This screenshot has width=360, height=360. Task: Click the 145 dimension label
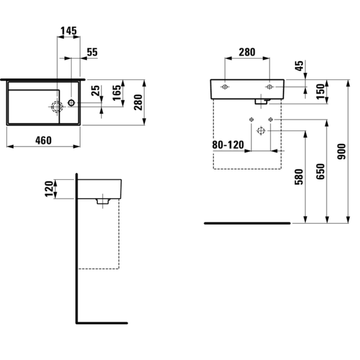(69, 31)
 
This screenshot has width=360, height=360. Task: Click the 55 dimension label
(92, 52)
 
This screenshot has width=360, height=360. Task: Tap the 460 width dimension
(43, 141)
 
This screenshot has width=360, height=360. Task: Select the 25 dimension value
(96, 90)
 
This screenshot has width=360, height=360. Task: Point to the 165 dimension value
(116, 93)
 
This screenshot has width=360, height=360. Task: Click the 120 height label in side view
(49, 189)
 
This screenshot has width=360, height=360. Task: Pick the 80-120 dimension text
(228, 145)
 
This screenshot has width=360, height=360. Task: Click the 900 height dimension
(342, 151)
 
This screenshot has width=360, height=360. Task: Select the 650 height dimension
(320, 172)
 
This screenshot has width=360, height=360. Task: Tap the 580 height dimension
(299, 177)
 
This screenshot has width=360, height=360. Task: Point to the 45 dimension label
(300, 66)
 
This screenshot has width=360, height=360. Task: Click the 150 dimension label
(320, 92)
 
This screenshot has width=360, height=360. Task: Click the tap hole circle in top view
(71, 103)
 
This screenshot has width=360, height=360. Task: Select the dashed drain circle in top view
(57, 107)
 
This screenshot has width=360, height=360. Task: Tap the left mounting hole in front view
(225, 87)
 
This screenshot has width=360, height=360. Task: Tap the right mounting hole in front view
(270, 87)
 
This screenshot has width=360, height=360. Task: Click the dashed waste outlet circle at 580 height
(261, 131)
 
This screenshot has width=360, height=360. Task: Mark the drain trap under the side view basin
(103, 201)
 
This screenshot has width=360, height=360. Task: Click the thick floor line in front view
(247, 223)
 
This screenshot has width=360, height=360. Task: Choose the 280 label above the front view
(247, 52)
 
